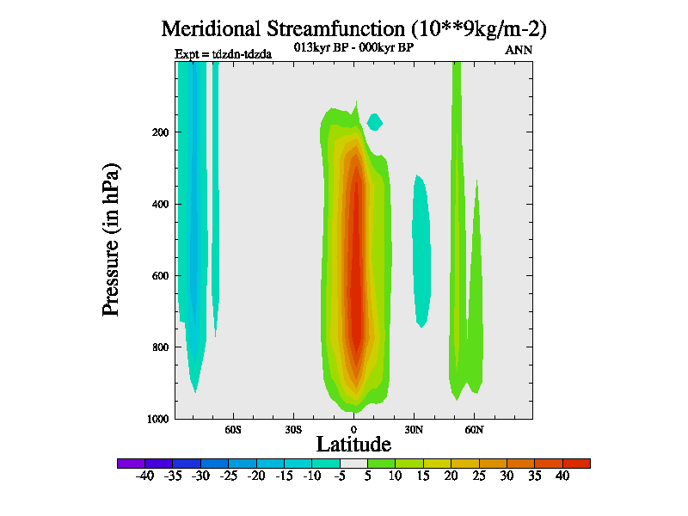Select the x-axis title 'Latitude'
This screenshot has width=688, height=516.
tap(353, 444)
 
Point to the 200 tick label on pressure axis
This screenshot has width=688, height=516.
tap(158, 132)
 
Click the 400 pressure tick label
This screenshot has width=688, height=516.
tap(158, 205)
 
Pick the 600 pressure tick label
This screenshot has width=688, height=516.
tap(158, 276)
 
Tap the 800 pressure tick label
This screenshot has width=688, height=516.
tap(158, 347)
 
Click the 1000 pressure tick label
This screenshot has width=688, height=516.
tap(156, 419)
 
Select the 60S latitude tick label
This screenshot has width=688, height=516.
tap(233, 428)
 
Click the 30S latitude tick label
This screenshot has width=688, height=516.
tap(293, 428)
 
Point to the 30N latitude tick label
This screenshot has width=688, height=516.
tap(414, 428)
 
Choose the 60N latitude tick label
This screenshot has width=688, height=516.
tap(474, 428)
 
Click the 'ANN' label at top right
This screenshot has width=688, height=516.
tap(519, 50)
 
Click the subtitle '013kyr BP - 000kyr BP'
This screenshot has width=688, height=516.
tap(354, 47)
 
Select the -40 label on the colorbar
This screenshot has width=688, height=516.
tap(145, 476)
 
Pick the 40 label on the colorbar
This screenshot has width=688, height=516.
tap(562, 476)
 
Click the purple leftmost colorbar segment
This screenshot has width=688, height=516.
tap(131, 464)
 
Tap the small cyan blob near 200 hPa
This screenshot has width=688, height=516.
tap(374, 121)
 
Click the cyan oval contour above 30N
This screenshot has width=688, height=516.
tap(421, 249)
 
